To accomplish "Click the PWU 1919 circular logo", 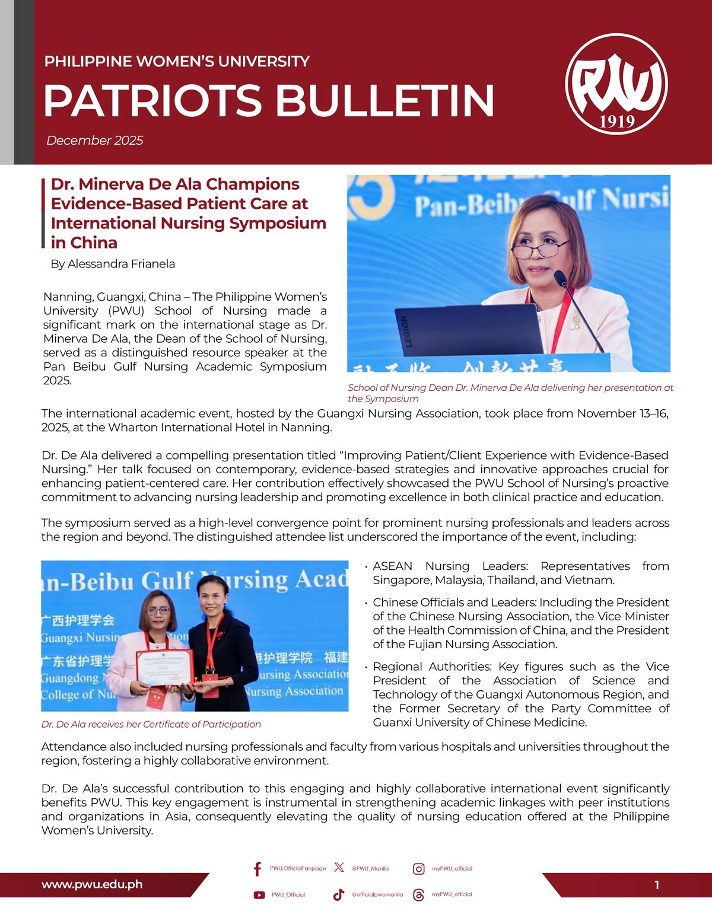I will (x=616, y=84).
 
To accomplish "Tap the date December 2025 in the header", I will (x=95, y=141).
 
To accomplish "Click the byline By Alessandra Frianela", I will (x=113, y=264).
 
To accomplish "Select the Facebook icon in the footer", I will (x=257, y=869).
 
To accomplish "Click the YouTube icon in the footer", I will (x=259, y=895).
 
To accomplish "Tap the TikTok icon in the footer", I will (x=338, y=895).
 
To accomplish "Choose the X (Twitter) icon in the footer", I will (x=339, y=868).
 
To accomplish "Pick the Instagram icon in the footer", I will (x=418, y=869).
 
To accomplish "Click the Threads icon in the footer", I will (x=418, y=895).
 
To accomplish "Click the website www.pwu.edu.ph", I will (x=92, y=884).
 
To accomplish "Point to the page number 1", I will (x=657, y=885).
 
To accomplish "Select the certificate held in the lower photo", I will (x=164, y=667).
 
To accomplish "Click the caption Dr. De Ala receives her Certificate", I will (x=151, y=724).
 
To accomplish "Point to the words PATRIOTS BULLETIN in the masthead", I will (x=269, y=100).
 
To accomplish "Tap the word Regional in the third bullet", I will (x=398, y=667).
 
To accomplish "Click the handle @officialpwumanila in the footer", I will (x=377, y=894).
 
